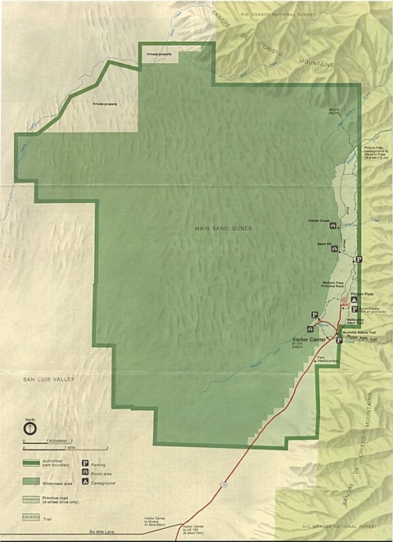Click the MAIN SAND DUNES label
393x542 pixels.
pyautogui.click(x=223, y=227)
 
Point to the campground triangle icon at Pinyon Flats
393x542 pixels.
pyautogui.click(x=354, y=300)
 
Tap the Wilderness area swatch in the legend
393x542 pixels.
pyautogui.click(x=30, y=481)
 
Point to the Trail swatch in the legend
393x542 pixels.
pyautogui.click(x=30, y=516)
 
